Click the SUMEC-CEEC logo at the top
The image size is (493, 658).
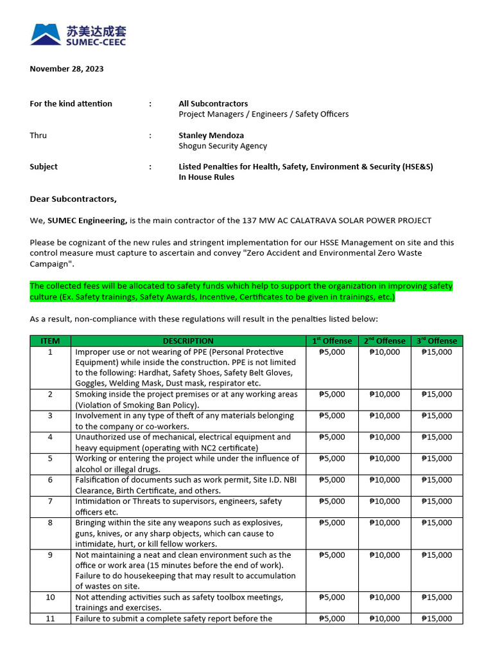pyautogui.click(x=78, y=35)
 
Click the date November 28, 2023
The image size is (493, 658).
pyautogui.click(x=67, y=69)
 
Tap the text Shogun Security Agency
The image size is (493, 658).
pyautogui.click(x=222, y=146)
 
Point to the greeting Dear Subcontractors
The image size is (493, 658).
pyautogui.click(x=73, y=199)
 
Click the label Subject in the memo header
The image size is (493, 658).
pyautogui.click(x=44, y=167)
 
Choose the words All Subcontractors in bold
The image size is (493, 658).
pyautogui.click(x=213, y=103)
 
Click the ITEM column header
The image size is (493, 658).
pyautogui.click(x=50, y=341)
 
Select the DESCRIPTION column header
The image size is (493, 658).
pyautogui.click(x=188, y=341)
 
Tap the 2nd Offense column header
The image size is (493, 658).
pyautogui.click(x=385, y=341)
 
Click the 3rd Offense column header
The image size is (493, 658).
pyautogui.click(x=437, y=341)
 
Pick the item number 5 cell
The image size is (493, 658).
pyautogui.click(x=50, y=459)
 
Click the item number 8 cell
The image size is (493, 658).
pyautogui.click(x=50, y=523)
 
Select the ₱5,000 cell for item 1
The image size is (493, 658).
pyautogui.click(x=332, y=352)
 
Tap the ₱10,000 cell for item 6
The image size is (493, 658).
pyautogui.click(x=385, y=480)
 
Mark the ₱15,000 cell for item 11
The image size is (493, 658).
pyautogui.click(x=437, y=619)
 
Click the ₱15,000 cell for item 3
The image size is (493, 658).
pyautogui.click(x=437, y=416)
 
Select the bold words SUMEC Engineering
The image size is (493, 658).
pyautogui.click(x=87, y=220)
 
